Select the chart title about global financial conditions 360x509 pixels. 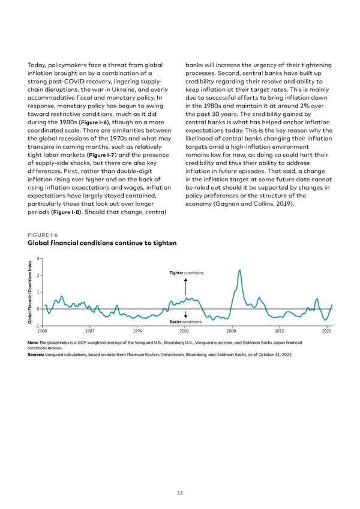(x=102, y=243)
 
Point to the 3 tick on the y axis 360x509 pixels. (x=38, y=259)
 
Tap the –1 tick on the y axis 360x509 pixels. (x=37, y=325)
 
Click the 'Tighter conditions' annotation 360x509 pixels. (x=186, y=273)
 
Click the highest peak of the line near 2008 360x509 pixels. (x=240, y=270)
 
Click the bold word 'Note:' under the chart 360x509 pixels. (x=34, y=343)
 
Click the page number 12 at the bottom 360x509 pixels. (x=180, y=492)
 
